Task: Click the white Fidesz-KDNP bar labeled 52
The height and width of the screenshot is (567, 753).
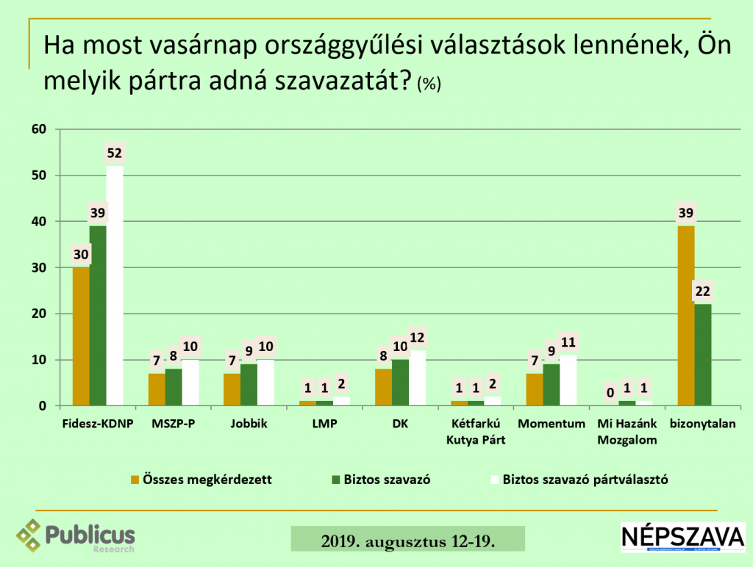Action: pyautogui.click(x=115, y=286)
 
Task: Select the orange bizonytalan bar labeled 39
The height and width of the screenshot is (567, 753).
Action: pyautogui.click(x=685, y=316)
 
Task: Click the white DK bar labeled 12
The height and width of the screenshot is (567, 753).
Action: pyautogui.click(x=417, y=378)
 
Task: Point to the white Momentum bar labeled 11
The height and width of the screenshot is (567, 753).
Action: pyautogui.click(x=568, y=380)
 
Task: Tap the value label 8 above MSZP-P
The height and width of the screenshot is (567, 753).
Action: pyautogui.click(x=173, y=355)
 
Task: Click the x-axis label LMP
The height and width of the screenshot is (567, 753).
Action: pyautogui.click(x=324, y=424)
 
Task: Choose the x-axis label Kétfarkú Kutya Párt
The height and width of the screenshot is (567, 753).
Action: pyautogui.click(x=476, y=431)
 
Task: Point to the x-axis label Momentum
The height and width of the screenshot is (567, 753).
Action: pyautogui.click(x=552, y=424)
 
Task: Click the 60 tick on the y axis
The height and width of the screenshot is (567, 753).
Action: pyautogui.click(x=39, y=130)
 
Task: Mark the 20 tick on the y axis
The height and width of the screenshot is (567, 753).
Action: pyautogui.click(x=39, y=314)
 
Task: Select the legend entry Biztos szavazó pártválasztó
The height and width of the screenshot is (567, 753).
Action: pyautogui.click(x=577, y=480)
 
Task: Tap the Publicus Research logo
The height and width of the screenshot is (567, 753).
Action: pyautogui.click(x=76, y=535)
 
